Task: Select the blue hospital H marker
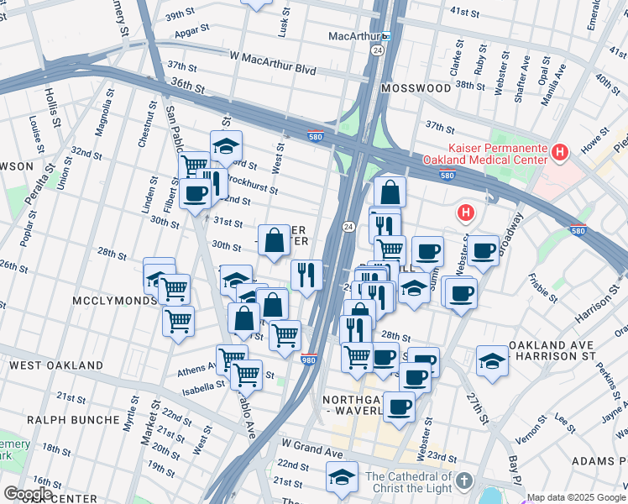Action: pyautogui.click(x=464, y=213)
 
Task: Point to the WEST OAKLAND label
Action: pyautogui.click(x=56, y=365)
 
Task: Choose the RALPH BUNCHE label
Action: pyautogui.click(x=73, y=419)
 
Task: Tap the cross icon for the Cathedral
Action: pyautogui.click(x=463, y=482)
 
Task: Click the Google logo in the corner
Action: pyautogui.click(x=28, y=494)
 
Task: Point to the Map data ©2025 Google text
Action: pyautogui.click(x=575, y=497)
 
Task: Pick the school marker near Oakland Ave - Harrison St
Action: pyautogui.click(x=491, y=360)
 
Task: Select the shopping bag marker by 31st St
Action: pyautogui.click(x=274, y=240)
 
